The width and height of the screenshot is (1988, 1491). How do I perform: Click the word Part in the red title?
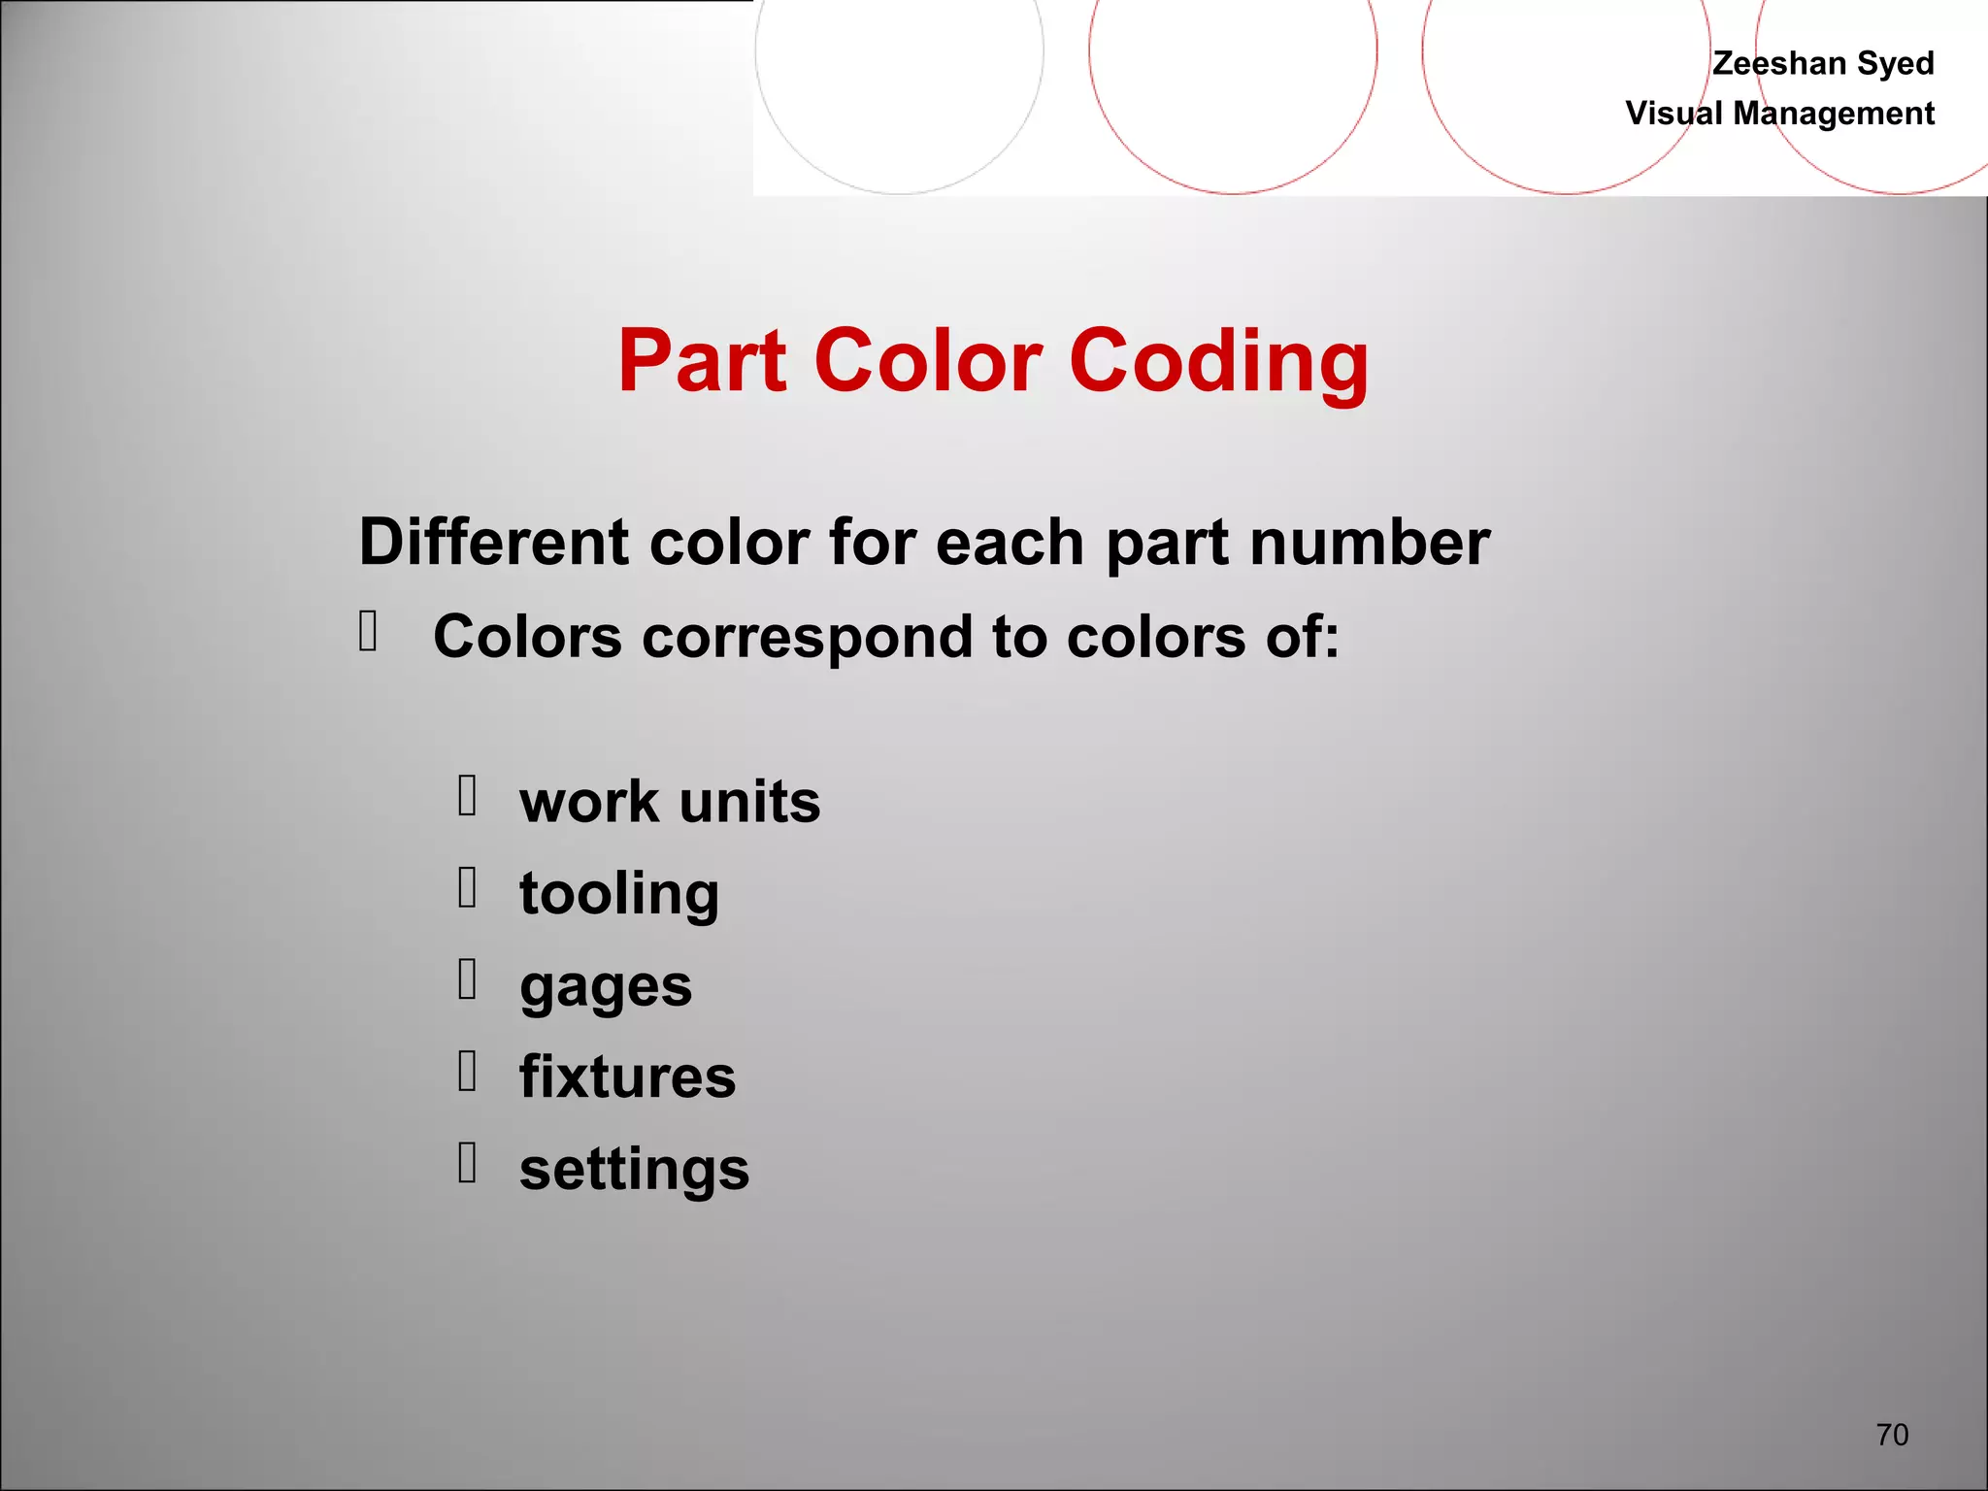click(702, 361)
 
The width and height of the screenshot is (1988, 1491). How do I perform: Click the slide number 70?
click(1892, 1435)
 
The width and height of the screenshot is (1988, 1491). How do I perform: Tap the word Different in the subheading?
click(494, 542)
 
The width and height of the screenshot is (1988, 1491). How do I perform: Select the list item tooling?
click(619, 893)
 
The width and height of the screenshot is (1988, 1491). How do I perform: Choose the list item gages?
click(606, 986)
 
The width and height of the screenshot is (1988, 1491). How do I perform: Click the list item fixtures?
click(627, 1077)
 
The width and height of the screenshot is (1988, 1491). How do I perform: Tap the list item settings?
click(634, 1169)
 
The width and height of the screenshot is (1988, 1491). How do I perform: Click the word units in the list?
click(749, 802)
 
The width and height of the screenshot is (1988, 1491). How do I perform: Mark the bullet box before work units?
click(467, 795)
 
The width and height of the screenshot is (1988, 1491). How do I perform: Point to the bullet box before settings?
click(467, 1162)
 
